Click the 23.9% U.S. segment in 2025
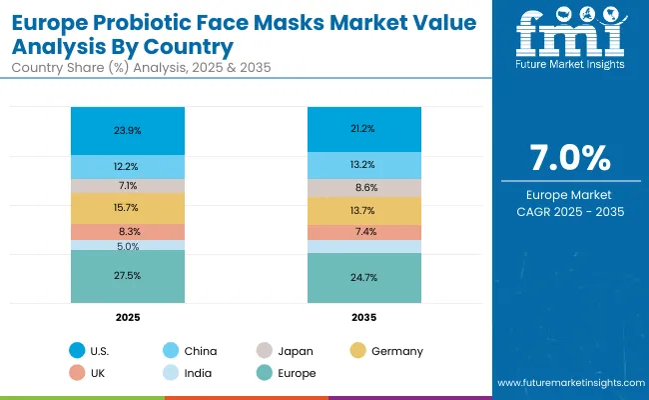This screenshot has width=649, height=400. pos(127,130)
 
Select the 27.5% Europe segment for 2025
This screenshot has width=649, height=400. pos(127,275)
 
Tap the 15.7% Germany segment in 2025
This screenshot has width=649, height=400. pos(127,207)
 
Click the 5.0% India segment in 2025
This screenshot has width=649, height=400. pos(127,245)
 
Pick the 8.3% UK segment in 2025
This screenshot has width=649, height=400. pos(127,231)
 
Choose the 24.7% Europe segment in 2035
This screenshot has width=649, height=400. pos(363,277)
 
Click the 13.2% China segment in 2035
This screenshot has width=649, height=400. pos(363,164)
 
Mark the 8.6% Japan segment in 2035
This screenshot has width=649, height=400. pos(363,187)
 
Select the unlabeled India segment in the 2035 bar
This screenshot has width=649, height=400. pos(363,247)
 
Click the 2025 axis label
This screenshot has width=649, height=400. pos(127,316)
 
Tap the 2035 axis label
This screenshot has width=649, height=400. pos(363,316)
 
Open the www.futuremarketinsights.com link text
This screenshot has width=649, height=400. pos(567,383)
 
